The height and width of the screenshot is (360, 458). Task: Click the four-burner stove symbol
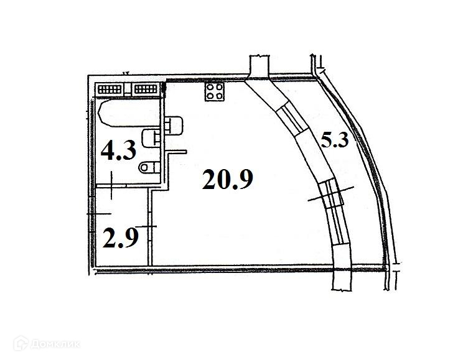coord(215,93)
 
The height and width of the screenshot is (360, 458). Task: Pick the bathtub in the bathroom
coord(129,114)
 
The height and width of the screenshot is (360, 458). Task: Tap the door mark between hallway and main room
coord(149,226)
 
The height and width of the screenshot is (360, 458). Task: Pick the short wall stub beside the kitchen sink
coord(178,151)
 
